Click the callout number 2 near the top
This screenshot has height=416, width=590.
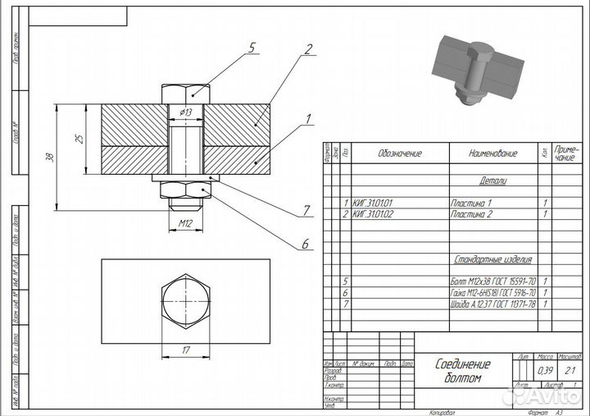coord(308,48)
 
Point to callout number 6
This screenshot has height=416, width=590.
coord(306,244)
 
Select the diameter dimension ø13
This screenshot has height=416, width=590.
coord(186,112)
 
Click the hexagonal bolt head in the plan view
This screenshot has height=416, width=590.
coord(186,299)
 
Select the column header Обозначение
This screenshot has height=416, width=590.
coord(399,153)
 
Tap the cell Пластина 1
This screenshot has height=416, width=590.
coord(471,202)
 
